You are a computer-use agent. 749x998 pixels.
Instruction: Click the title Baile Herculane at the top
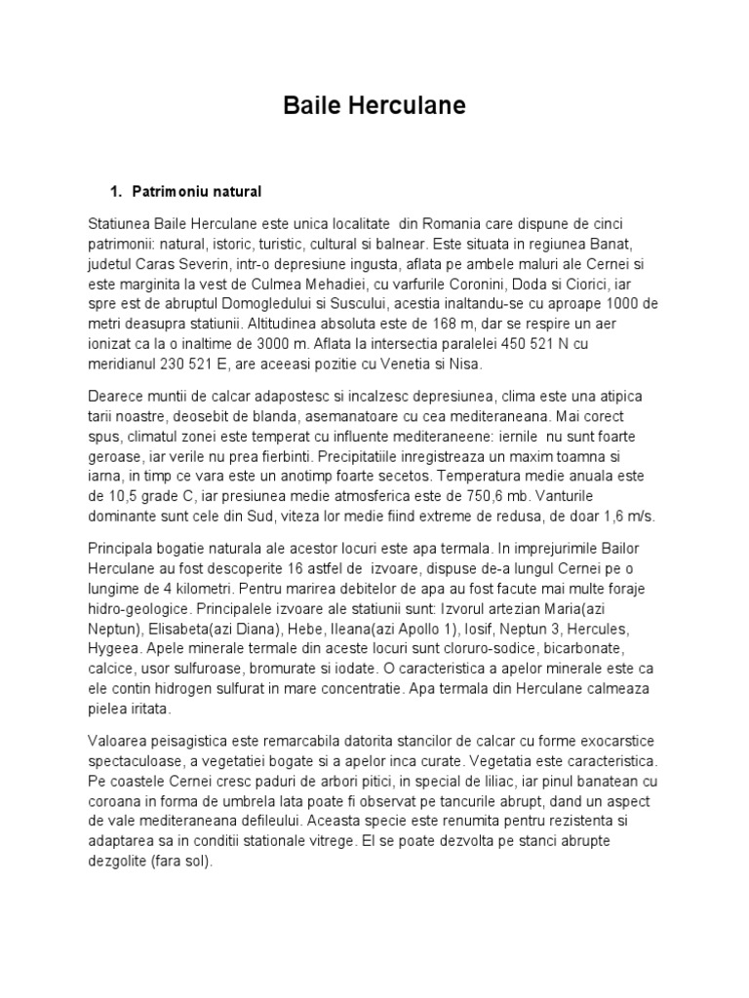point(374,105)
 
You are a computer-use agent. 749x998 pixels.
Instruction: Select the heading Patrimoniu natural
point(202,190)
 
